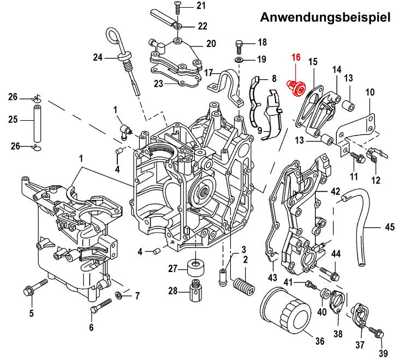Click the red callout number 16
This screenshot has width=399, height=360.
tap(296, 58)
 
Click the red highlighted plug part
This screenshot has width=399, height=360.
tap(295, 87)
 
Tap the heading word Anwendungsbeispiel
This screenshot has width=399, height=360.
tap(326, 17)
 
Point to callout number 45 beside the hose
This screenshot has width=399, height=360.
tap(390, 227)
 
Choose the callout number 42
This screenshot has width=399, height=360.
tap(335, 192)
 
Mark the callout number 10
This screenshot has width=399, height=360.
tap(370, 92)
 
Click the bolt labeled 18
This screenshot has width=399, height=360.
tap(240, 44)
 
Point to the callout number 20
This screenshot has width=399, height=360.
tap(211, 44)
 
